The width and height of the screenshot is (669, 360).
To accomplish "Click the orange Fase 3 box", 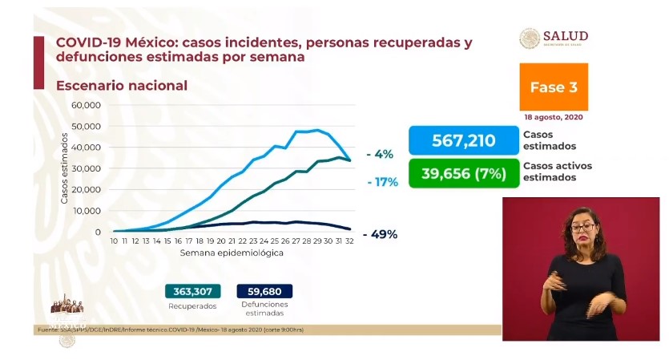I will click(x=554, y=87).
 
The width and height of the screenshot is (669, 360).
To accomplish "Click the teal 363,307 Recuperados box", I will click(x=192, y=292).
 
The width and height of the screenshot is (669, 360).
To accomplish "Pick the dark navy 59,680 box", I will click(x=265, y=292).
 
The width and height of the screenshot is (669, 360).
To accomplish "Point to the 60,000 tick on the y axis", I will click(x=85, y=105).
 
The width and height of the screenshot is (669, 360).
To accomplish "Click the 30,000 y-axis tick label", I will click(x=85, y=168).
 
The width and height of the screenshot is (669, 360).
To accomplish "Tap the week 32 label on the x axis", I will click(x=349, y=241).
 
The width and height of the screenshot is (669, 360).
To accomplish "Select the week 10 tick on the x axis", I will click(x=115, y=241).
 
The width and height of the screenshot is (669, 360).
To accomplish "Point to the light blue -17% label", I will click(x=384, y=182).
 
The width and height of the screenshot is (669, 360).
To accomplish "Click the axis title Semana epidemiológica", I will click(x=232, y=253).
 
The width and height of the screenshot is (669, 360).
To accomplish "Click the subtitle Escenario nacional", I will click(x=121, y=85).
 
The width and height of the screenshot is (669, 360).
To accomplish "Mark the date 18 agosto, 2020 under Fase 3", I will click(x=554, y=117).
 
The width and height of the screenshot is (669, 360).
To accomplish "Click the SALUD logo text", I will click(x=566, y=36).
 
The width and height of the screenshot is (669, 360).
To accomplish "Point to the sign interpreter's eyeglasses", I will click(x=582, y=228).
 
